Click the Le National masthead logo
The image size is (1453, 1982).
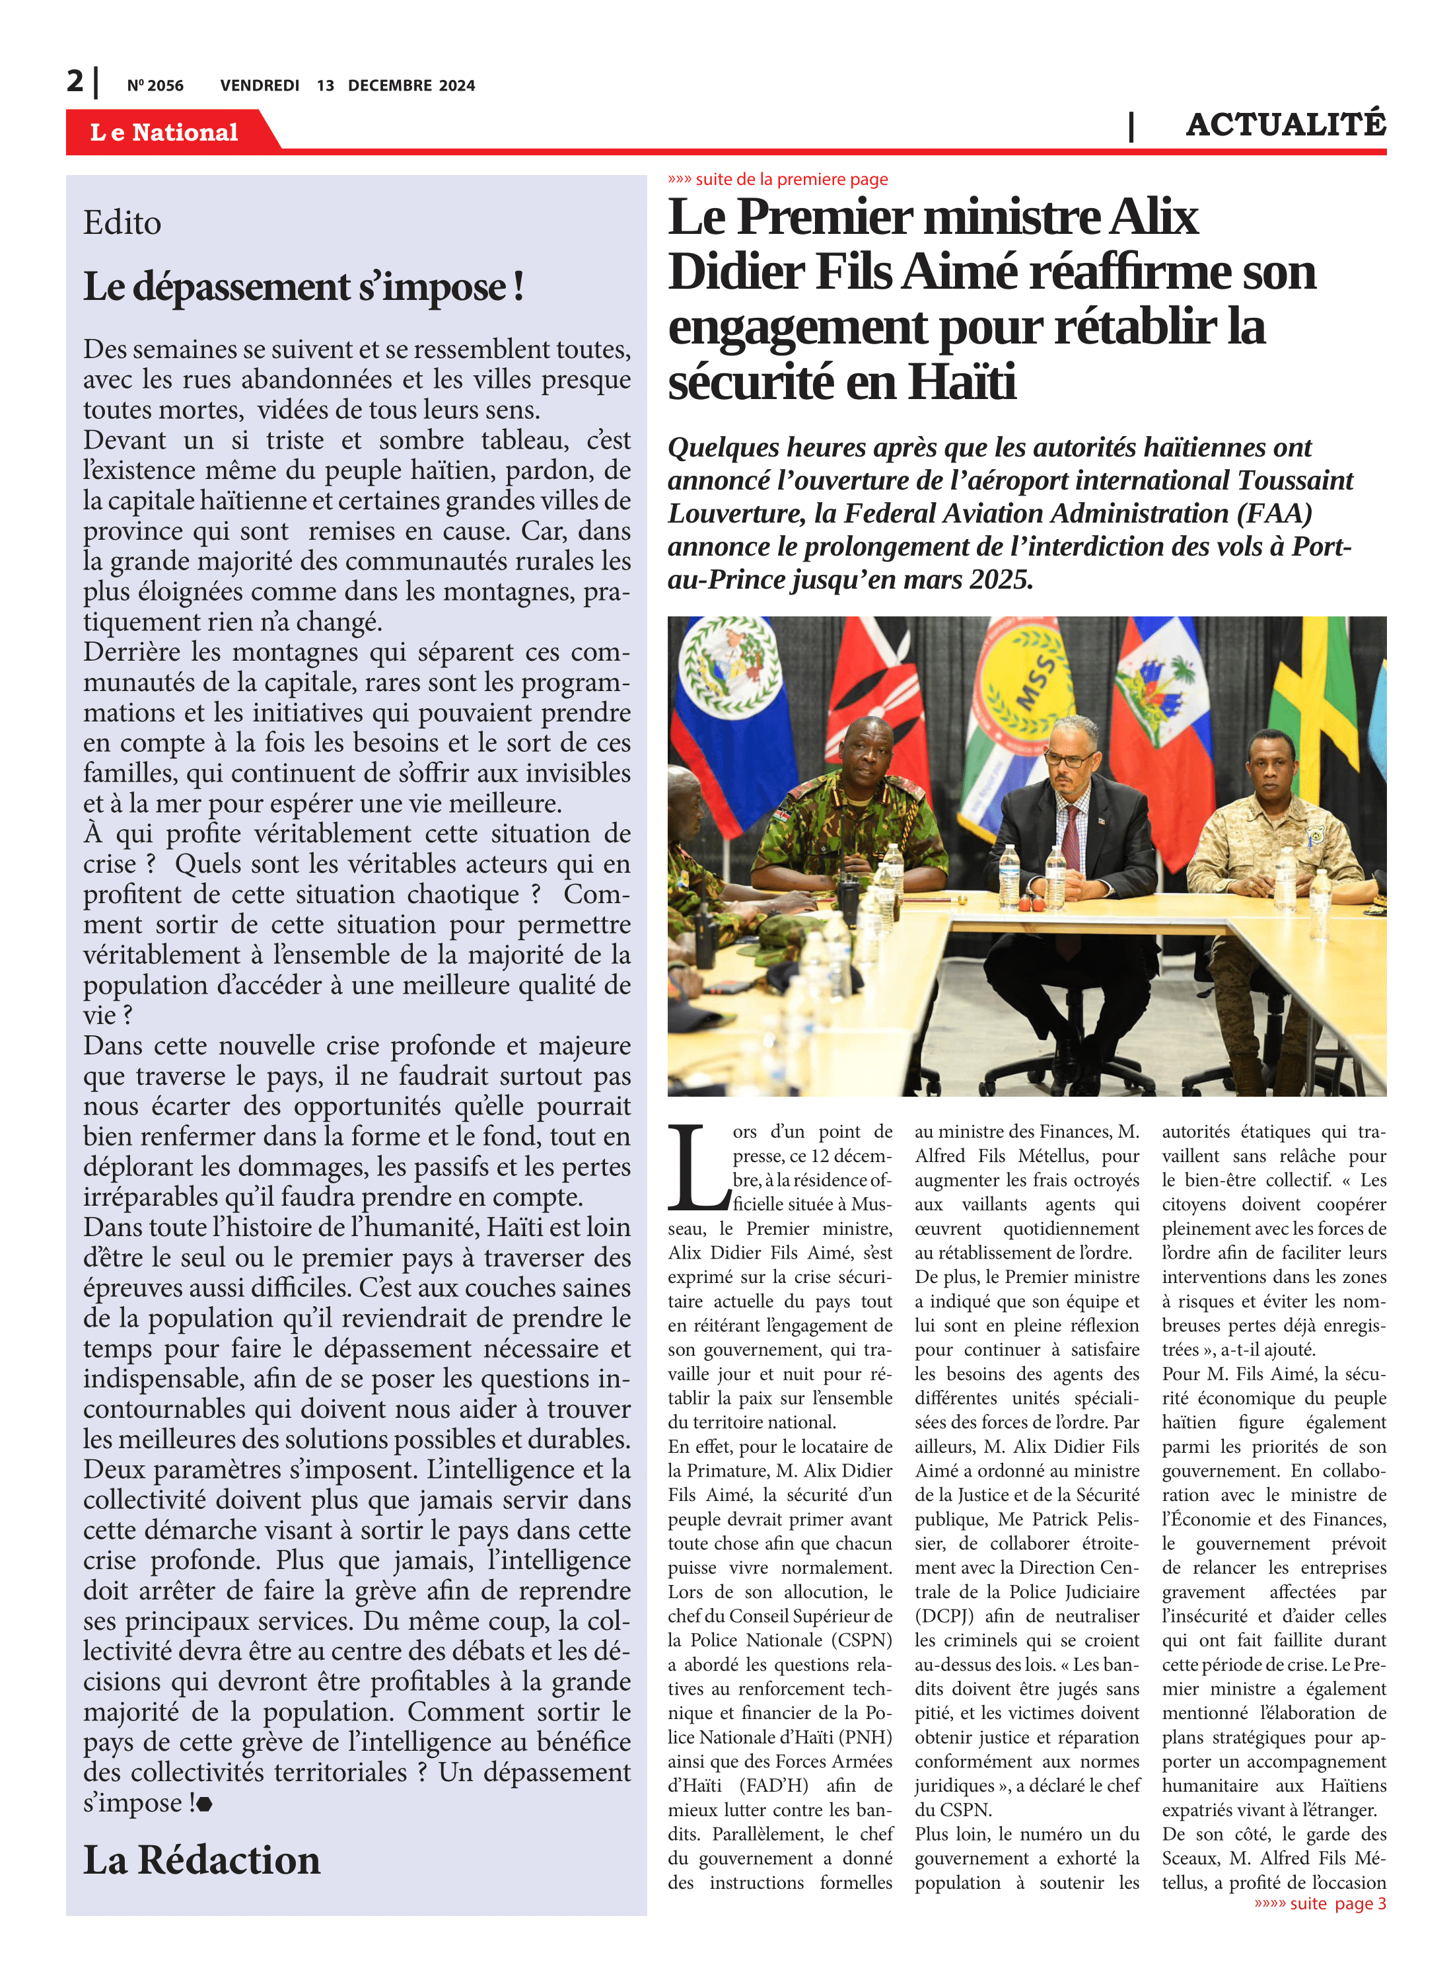pos(164,132)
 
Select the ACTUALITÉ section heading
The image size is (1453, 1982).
pos(1285,124)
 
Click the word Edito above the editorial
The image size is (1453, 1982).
pos(122,223)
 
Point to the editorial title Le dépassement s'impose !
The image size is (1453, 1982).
pos(303,287)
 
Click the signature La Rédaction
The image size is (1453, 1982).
pos(201,1860)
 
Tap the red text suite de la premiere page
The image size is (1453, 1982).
pos(779,180)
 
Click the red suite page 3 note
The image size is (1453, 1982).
pos(1320,1903)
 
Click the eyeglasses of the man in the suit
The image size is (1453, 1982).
pos(1069,757)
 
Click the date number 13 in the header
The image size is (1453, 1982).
pos(326,85)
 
